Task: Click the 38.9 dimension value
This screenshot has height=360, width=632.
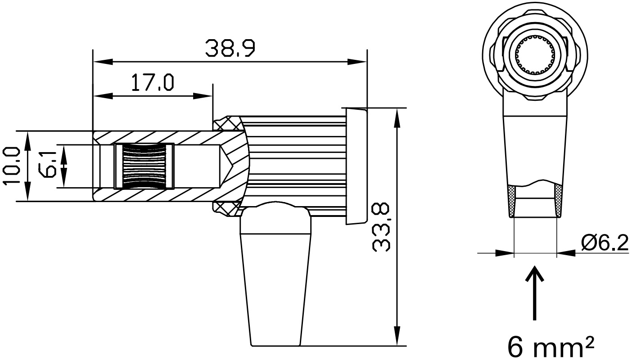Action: (230, 48)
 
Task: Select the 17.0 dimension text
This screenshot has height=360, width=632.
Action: (153, 83)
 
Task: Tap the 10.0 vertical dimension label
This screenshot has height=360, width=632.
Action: (12, 166)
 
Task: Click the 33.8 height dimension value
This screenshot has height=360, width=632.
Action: (381, 227)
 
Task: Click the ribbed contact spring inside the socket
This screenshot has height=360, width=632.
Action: (144, 166)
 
